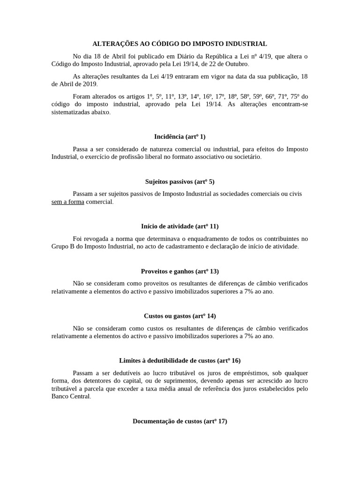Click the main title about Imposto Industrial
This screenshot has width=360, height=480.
180,44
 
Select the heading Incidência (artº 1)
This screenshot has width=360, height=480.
180,136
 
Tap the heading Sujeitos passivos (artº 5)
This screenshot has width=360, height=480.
180,181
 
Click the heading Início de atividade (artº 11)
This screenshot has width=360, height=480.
180,226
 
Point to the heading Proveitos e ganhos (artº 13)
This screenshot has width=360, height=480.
180,271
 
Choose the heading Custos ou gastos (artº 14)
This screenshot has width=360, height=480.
180,316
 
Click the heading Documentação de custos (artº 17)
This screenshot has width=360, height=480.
180,421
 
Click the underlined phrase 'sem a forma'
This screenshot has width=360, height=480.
67,202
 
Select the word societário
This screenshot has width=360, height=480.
244,157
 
